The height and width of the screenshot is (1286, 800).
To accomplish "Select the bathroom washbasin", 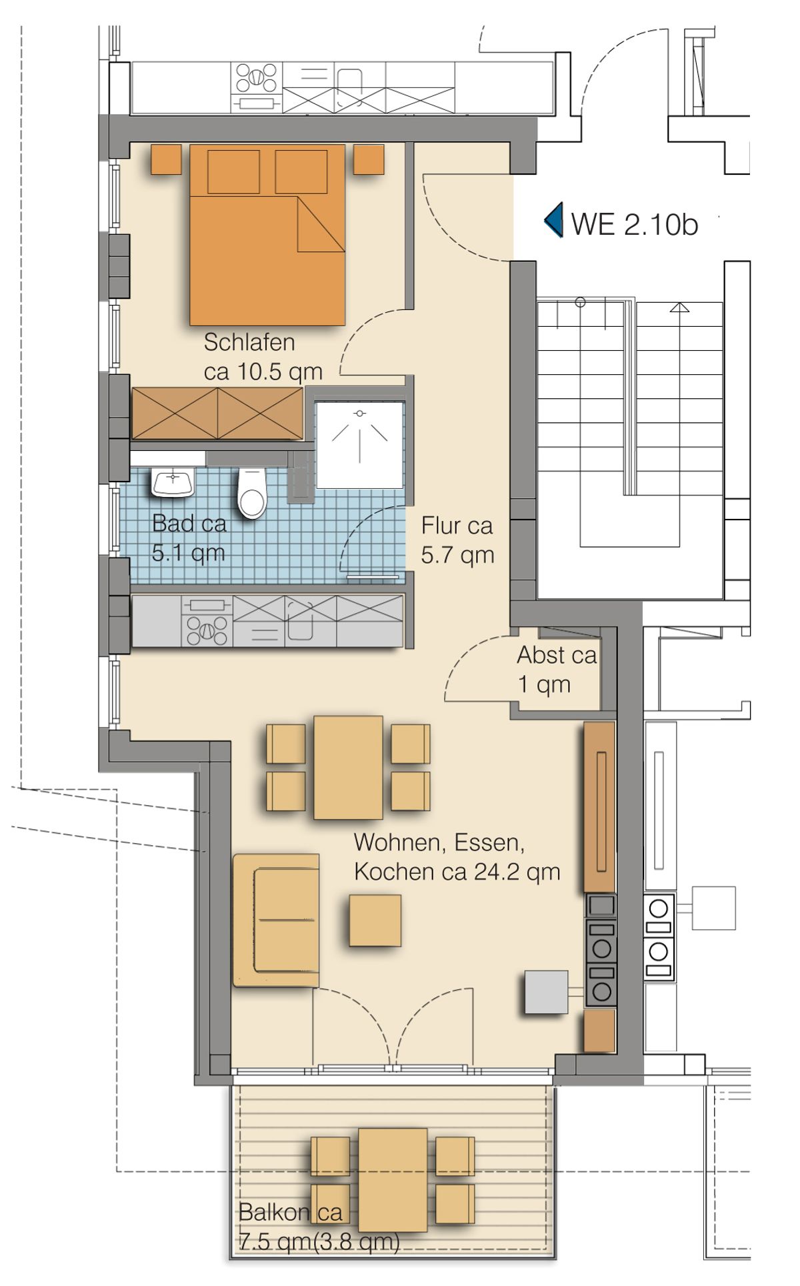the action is pos(173,482).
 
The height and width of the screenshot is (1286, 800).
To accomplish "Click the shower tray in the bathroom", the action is pos(360,445).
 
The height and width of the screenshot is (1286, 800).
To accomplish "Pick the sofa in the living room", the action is pos(276,920).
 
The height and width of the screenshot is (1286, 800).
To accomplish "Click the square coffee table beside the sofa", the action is pos(375,920).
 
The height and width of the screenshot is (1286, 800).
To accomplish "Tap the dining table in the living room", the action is pos(348,767).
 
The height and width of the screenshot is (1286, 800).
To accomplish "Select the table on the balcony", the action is pos(393,1180).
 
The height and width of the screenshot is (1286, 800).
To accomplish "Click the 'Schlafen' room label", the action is pos(249,342).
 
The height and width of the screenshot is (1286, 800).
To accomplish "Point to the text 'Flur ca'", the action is pos(457,526).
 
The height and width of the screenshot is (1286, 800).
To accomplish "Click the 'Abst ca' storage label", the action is pos(557,655).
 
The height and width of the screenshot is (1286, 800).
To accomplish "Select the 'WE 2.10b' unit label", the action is pos(635,224).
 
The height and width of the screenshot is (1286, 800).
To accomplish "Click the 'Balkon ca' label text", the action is pos(291,1211).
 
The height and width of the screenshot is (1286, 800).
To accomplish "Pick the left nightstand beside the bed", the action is pos(166,159).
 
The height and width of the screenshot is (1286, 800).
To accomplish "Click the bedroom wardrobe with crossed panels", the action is pos(217,414).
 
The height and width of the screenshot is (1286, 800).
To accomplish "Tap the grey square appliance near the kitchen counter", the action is pos(547,993).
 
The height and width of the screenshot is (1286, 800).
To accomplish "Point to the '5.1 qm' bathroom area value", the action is pos(188,553).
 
